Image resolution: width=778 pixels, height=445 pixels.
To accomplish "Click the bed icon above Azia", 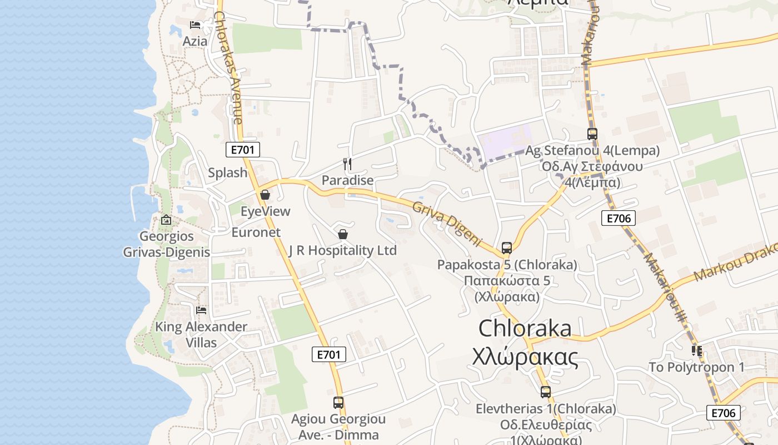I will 195,25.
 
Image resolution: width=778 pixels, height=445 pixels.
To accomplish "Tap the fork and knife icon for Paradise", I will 347,164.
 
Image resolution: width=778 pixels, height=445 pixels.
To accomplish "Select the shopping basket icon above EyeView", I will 265,195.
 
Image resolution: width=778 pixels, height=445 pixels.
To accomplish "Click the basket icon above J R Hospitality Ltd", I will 343,234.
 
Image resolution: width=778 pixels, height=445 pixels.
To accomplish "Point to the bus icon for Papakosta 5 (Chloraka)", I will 506,248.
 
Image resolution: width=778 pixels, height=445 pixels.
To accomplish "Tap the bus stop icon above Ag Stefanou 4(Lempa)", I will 592,134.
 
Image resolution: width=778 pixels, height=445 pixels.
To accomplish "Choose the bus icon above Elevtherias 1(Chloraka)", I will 545,392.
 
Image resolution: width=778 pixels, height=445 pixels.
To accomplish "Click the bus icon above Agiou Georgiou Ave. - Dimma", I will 338,403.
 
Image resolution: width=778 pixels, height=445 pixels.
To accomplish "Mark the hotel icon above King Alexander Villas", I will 201,310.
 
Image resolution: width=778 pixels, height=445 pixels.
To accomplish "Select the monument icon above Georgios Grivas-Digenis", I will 166,220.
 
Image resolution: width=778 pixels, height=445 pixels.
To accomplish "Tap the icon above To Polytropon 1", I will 696,351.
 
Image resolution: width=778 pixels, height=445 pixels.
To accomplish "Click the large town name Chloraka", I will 525,328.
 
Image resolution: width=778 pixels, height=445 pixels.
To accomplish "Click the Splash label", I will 227,172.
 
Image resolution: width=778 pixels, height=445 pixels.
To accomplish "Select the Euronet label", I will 256,233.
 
